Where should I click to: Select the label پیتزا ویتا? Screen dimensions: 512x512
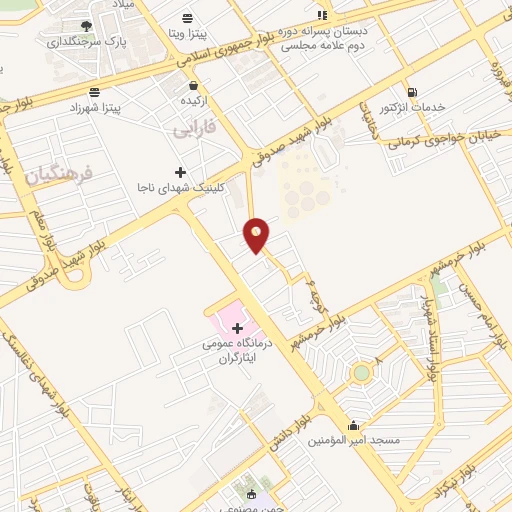click(x=188, y=33)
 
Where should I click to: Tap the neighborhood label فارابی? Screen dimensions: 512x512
click(x=193, y=129)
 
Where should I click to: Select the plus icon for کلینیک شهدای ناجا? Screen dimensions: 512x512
click(x=180, y=172)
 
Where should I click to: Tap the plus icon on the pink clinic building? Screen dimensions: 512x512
click(x=237, y=327)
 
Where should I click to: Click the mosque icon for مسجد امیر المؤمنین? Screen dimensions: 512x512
click(x=353, y=424)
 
